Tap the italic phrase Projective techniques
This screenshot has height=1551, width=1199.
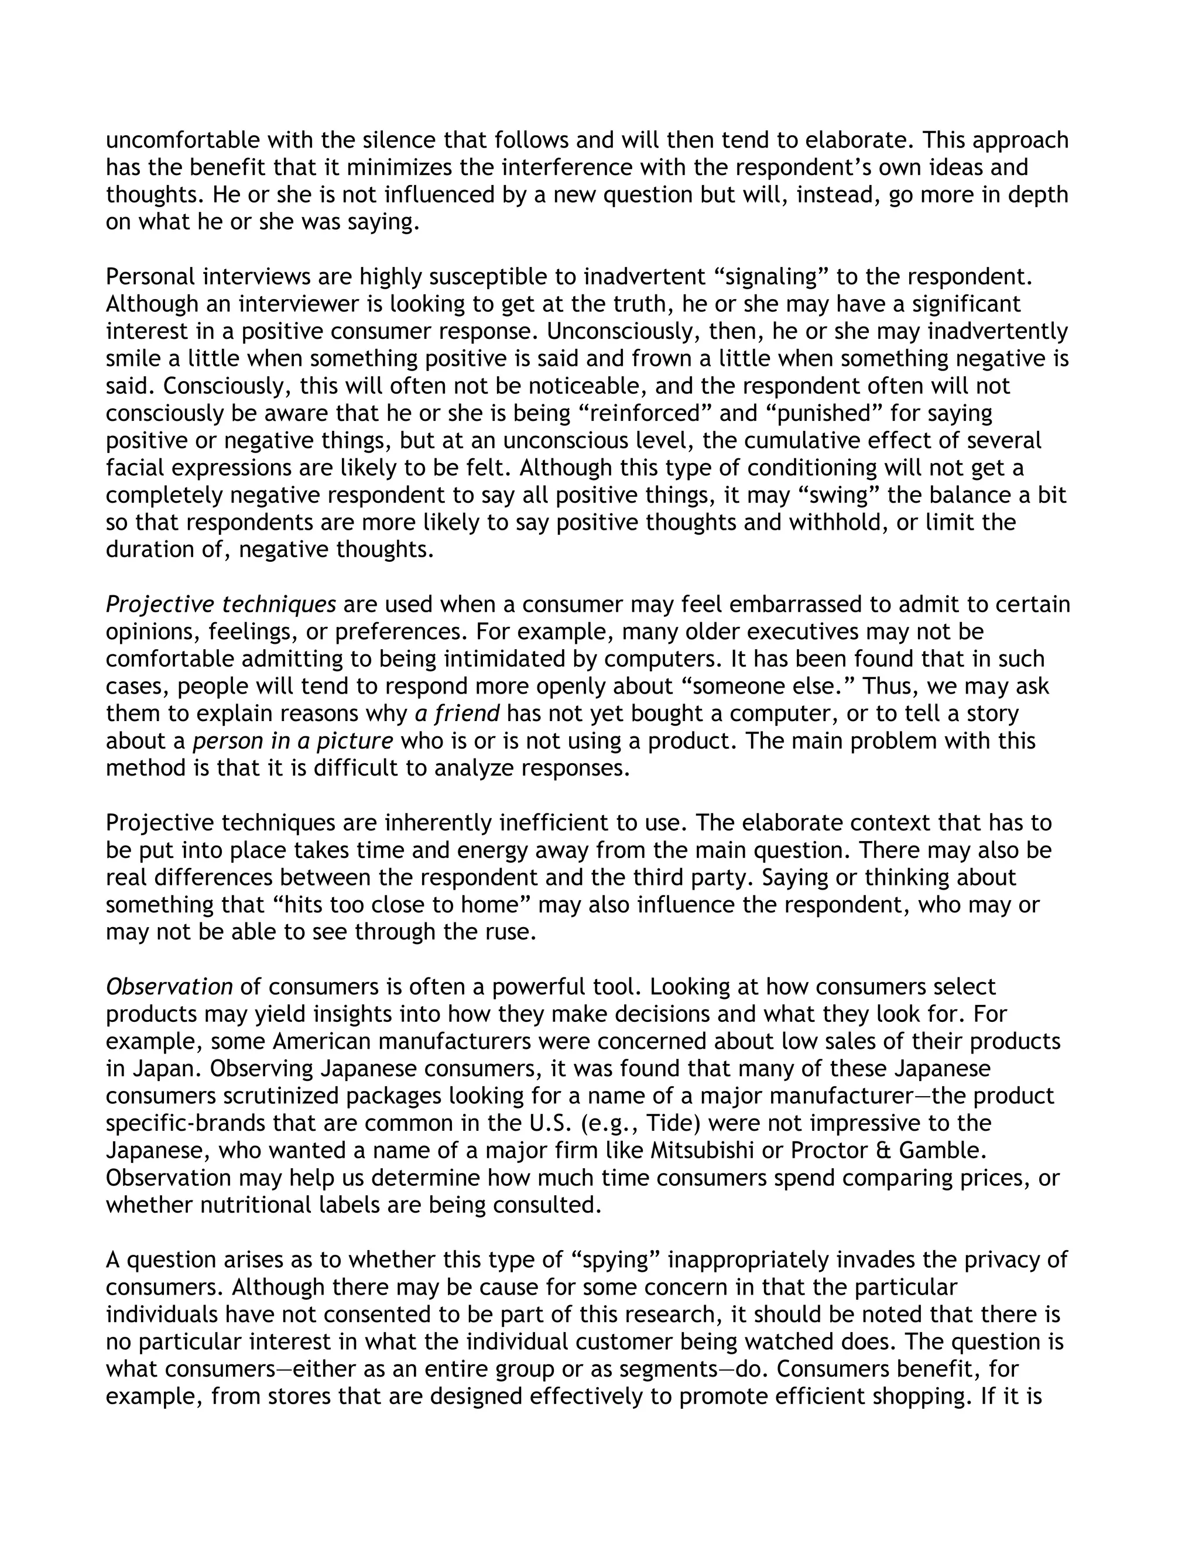(221, 605)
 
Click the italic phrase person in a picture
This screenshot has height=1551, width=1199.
(293, 741)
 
